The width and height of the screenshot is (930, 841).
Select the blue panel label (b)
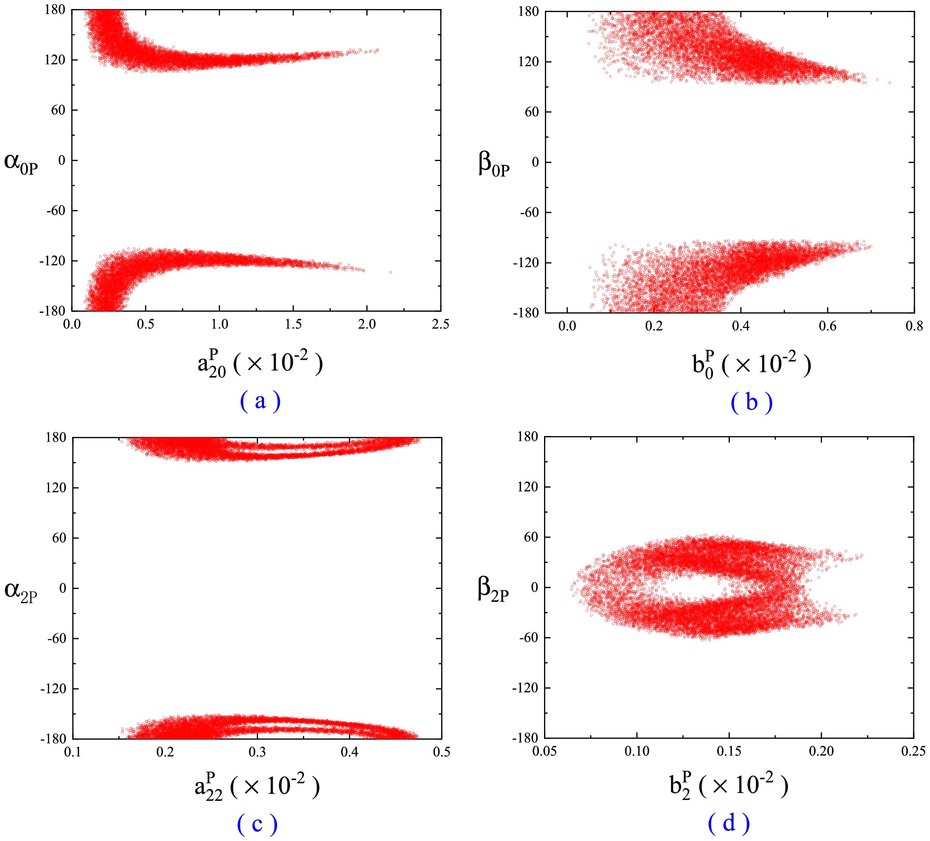coord(752,402)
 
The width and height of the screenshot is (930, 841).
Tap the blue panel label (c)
coord(257,824)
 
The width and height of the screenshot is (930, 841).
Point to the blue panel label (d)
coord(728,822)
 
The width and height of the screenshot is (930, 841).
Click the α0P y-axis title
coord(21,163)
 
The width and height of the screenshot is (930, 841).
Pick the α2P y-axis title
coord(21,592)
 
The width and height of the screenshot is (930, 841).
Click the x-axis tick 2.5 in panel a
coord(440,324)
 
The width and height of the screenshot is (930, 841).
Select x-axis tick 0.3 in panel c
coord(257,752)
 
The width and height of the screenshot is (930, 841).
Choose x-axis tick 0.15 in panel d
coord(729,751)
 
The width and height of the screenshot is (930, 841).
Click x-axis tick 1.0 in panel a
coord(220,324)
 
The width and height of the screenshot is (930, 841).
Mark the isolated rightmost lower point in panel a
coord(390,272)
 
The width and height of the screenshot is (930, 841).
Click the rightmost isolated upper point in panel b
coord(890,83)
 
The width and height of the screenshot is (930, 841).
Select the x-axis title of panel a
coord(260,364)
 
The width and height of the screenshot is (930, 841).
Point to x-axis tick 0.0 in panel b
coord(567,326)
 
